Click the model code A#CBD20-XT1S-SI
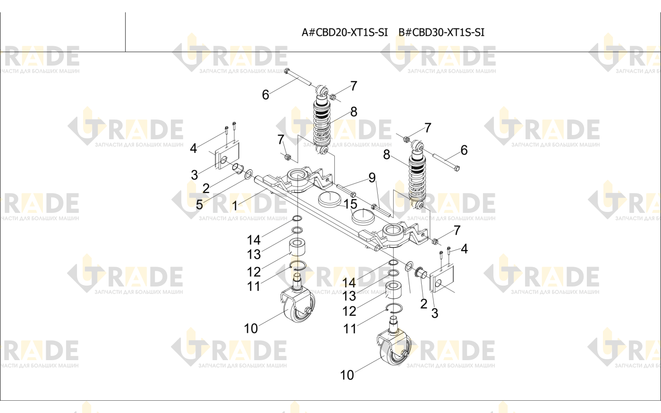[345, 32]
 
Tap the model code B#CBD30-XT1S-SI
[441, 32]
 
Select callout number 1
[235, 206]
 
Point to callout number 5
[199, 205]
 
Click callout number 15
[350, 204]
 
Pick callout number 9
[372, 177]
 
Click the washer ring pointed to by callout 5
[248, 174]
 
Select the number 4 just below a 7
[464, 249]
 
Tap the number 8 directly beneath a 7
[354, 112]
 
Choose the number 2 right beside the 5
[206, 188]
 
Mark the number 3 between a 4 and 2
[194, 175]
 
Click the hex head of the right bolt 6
[457, 169]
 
